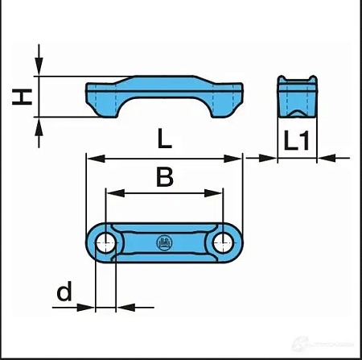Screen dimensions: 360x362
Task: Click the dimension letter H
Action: coord(24,97)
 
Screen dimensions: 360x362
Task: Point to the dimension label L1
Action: coord(297,142)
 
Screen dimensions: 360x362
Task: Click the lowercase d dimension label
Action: coord(64,292)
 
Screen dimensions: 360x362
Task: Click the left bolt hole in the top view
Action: coord(105,242)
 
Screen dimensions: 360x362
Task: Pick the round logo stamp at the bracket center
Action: coord(165,242)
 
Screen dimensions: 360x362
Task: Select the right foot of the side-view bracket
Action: coord(228,102)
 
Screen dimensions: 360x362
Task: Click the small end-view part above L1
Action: coord(296,98)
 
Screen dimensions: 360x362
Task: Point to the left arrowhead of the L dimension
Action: coord(91,159)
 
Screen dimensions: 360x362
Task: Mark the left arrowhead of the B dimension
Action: coord(111,192)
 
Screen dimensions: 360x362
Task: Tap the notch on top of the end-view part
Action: coord(296,80)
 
